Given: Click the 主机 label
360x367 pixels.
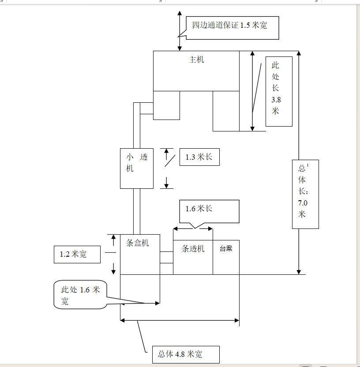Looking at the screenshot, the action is pyautogui.click(x=196, y=60).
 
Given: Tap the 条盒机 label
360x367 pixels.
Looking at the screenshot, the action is pyautogui.click(x=137, y=243).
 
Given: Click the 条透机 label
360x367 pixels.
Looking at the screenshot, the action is pyautogui.click(x=193, y=249).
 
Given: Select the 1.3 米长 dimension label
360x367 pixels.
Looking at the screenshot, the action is pyautogui.click(x=200, y=157).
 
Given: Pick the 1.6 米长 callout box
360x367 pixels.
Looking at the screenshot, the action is pyautogui.click(x=209, y=211).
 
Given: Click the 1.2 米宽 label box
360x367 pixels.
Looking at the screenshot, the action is pyautogui.click(x=77, y=255).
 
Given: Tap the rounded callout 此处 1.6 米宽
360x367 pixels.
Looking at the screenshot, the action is pyautogui.click(x=80, y=295).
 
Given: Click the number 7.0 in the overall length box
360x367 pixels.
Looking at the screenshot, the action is pyautogui.click(x=303, y=203).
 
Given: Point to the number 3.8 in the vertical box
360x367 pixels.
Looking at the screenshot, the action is pyautogui.click(x=276, y=100).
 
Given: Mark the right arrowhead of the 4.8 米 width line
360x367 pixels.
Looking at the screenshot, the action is pyautogui.click(x=237, y=320).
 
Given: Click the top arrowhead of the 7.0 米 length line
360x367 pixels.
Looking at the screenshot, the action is pyautogui.click(x=299, y=53).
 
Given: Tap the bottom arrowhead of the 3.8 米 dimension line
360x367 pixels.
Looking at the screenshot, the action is pyautogui.click(x=252, y=129).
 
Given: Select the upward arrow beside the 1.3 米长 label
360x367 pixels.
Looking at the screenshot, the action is pyautogui.click(x=166, y=154).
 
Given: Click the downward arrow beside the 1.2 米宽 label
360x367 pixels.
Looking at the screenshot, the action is pyautogui.click(x=113, y=269).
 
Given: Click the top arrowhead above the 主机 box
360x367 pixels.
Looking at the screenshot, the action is pyautogui.click(x=180, y=13).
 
